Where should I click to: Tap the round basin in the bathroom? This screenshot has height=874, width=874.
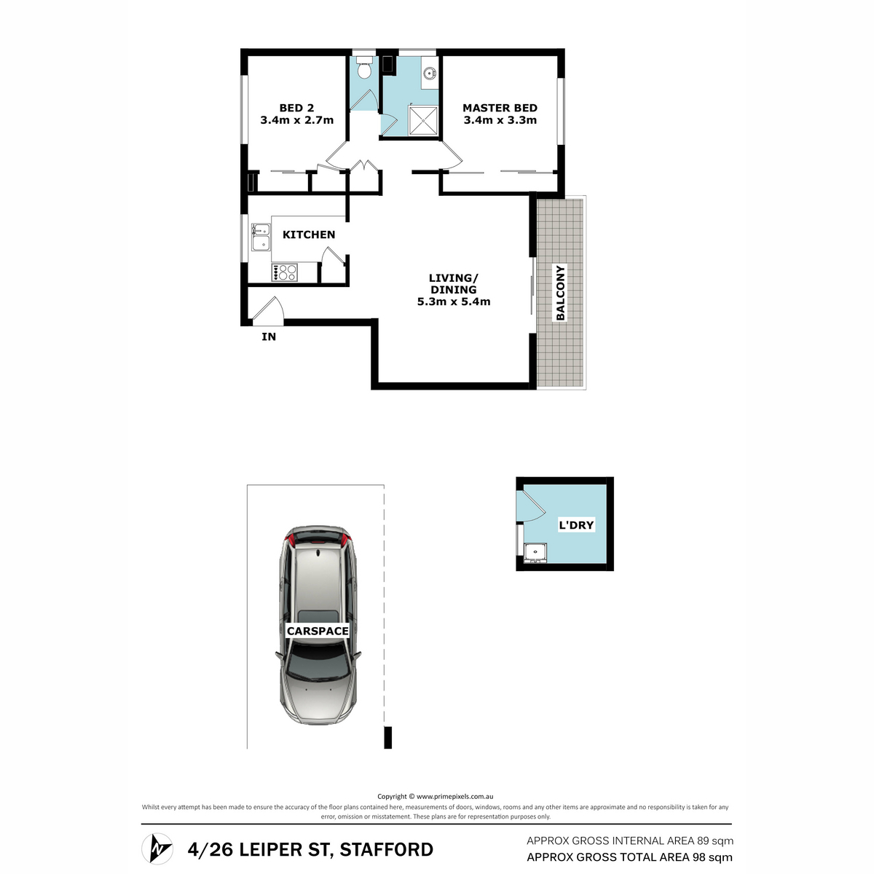point(430,72)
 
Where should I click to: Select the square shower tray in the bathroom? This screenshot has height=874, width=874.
point(423,121)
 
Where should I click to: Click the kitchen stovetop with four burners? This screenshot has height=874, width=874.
point(284,272)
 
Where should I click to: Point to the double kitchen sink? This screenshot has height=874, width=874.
point(261,237)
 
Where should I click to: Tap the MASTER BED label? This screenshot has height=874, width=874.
point(500,108)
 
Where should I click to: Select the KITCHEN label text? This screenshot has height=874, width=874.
point(309,235)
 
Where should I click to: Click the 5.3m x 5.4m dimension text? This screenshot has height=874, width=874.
point(454,302)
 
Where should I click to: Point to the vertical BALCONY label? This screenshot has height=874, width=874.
point(561,293)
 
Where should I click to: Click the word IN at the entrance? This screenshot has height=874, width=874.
point(269,336)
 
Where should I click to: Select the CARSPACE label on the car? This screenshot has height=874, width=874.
point(318,631)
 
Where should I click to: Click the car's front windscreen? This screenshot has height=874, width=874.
point(318,663)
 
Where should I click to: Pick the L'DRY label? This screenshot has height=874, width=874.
point(576,525)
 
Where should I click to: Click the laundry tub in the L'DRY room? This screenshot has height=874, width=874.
point(535,554)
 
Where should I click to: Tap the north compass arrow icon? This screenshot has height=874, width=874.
point(157,849)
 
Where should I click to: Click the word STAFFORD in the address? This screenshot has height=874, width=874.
point(387,849)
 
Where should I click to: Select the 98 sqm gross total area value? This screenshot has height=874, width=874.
point(712,857)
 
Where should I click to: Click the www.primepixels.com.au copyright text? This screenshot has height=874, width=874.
point(455,796)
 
